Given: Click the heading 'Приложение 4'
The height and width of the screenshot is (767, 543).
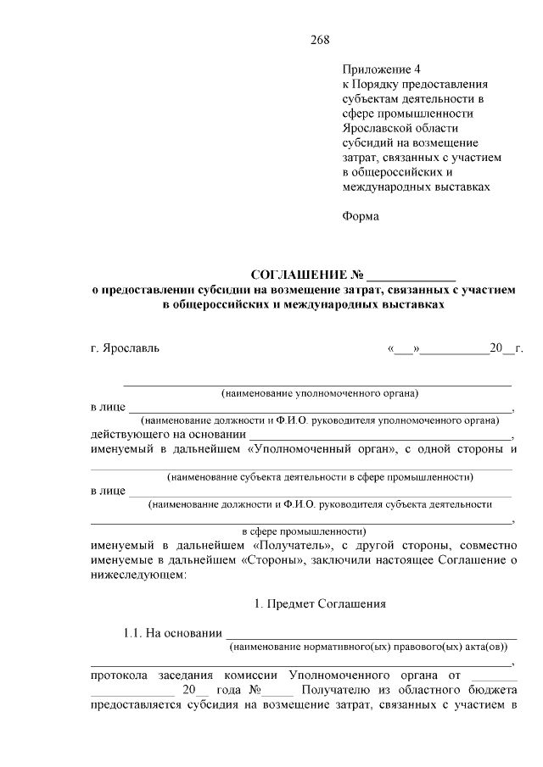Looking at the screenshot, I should point(381,69).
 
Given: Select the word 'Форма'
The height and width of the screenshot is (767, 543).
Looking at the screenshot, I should point(361,216).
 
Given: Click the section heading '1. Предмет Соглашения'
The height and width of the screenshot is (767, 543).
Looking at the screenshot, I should point(320,604).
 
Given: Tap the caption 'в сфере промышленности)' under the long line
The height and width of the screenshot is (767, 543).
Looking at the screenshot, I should point(304,531).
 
